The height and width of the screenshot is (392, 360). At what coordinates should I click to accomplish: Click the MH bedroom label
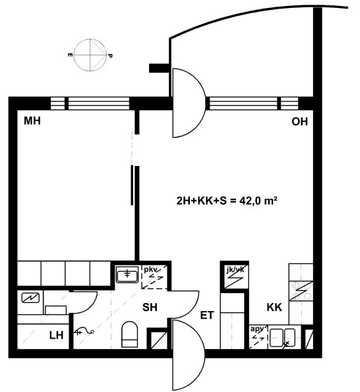(x=32, y=121)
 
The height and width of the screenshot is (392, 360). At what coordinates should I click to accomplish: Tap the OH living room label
(x=299, y=122)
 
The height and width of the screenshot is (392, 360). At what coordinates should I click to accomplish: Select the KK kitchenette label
(x=274, y=307)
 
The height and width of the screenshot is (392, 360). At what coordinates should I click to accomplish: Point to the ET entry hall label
(x=207, y=316)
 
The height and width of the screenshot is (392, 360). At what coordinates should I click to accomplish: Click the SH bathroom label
(x=150, y=307)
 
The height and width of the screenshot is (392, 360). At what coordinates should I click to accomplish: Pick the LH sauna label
(x=56, y=335)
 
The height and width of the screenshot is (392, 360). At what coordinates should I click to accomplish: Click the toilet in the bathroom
(x=130, y=335)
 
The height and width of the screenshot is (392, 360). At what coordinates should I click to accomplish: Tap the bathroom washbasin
(x=127, y=274)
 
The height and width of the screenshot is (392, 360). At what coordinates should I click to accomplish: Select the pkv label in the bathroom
(x=150, y=269)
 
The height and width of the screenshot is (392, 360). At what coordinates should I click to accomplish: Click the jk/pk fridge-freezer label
(x=235, y=269)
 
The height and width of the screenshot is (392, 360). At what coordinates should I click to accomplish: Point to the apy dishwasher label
(x=257, y=329)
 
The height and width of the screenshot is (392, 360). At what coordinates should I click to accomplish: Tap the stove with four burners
(x=301, y=291)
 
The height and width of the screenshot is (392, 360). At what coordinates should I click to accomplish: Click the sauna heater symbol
(x=30, y=298)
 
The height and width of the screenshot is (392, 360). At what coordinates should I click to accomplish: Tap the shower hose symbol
(x=84, y=332)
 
